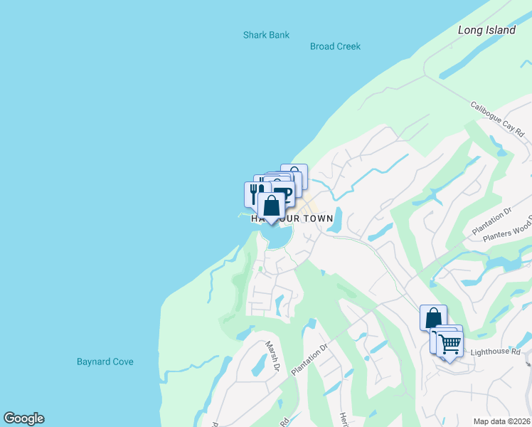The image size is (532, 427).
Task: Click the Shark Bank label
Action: pos(266,34)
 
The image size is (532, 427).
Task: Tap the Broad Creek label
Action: pos(335,46)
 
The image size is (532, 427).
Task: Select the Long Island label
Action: pos(486,30)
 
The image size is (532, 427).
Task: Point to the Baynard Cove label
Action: pos(105,362)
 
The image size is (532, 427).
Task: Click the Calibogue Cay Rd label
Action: pos(497,119)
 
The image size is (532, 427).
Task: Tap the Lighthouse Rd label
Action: pos(495,352)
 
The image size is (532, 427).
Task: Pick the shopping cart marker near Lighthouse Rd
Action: pos(449,344)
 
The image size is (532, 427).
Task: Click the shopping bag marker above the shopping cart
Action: pos(433,317)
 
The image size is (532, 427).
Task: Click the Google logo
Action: pos(23,418)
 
